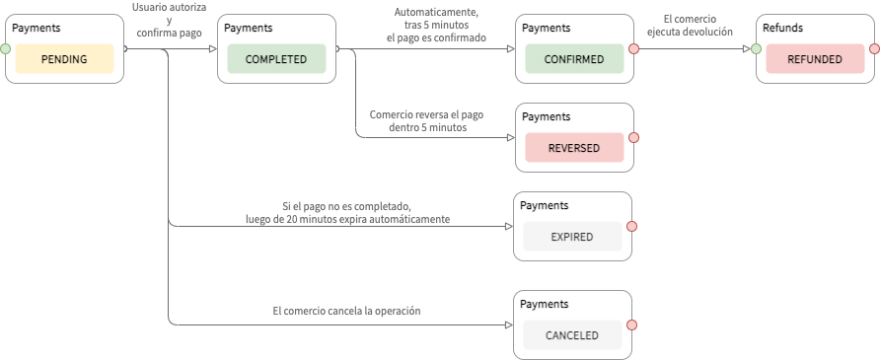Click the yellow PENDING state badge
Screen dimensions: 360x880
pyautogui.click(x=64, y=59)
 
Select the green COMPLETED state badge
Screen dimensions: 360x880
pyautogui.click(x=276, y=59)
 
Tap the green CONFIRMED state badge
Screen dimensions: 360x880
pyautogui.click(x=573, y=59)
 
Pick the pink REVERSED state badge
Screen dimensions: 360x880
pyautogui.click(x=573, y=147)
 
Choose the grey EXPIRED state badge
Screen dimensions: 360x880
pyautogui.click(x=572, y=237)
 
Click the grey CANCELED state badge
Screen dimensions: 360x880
pyautogui.click(x=572, y=335)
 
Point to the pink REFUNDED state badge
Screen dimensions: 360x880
pyautogui.click(x=815, y=59)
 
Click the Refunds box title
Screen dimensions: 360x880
pyautogui.click(x=783, y=28)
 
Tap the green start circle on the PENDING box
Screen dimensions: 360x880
pyautogui.click(x=5, y=47)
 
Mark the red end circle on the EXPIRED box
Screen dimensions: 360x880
pyautogui.click(x=632, y=226)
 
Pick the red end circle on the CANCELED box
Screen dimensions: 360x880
pyautogui.click(x=632, y=324)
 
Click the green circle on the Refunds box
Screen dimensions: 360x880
pyautogui.click(x=756, y=47)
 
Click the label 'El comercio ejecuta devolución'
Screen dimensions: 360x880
pyautogui.click(x=690, y=24)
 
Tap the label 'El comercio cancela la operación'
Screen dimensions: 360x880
pyautogui.click(x=346, y=311)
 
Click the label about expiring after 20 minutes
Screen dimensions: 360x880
pyautogui.click(x=347, y=212)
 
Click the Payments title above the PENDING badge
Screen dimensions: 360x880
pyautogui.click(x=36, y=28)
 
